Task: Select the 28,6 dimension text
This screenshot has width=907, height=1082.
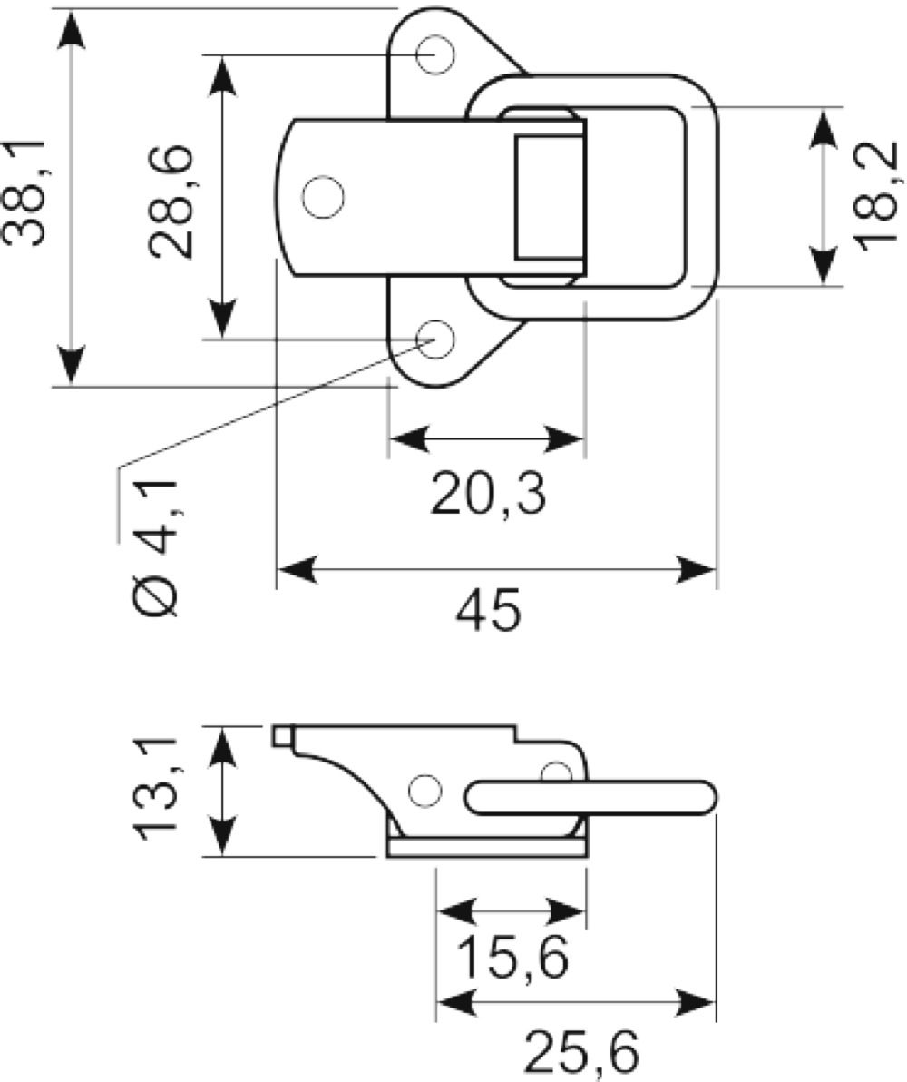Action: point(171,202)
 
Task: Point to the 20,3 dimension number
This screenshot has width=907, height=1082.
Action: point(488,494)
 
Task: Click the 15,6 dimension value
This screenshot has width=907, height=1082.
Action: point(514,957)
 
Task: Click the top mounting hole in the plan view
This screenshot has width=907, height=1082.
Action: point(435,54)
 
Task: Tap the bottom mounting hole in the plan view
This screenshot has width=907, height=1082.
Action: point(435,339)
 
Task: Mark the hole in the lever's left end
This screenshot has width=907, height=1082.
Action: point(323,197)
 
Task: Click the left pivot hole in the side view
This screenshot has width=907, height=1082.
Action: point(424,791)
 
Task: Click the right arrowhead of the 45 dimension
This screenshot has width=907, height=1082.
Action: point(696,570)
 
